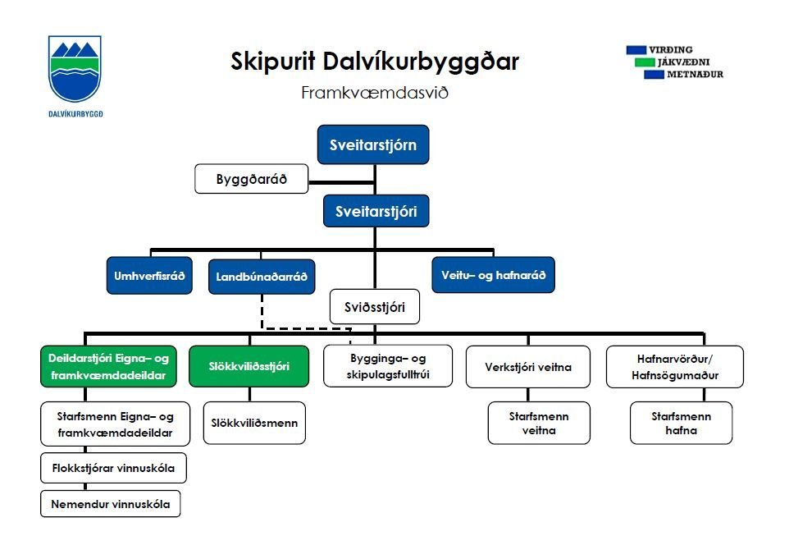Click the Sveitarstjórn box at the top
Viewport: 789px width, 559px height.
pos(373,146)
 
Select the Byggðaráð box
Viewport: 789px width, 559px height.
pos(251,179)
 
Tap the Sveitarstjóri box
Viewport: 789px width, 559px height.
pos(376,211)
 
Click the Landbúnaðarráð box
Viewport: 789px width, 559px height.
pos(262,277)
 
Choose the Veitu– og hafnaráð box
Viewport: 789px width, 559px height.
pos(493,275)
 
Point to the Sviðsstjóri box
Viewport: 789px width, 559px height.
pos(375,307)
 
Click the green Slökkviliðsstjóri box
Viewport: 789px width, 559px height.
pos(249,366)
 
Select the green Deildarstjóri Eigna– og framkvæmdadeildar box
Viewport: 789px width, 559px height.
pos(108,366)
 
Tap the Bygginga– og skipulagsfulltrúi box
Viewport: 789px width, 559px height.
pos(388,366)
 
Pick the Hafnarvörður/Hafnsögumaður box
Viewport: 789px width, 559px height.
pos(674,366)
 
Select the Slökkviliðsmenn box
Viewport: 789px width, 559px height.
pos(254,424)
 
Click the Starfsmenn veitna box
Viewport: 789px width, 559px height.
pos(538,423)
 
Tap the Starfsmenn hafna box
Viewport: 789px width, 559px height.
pos(682,423)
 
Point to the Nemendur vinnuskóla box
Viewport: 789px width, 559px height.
pos(110,504)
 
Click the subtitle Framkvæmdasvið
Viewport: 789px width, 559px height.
pos(375,92)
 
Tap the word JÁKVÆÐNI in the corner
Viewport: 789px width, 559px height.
pos(682,62)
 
